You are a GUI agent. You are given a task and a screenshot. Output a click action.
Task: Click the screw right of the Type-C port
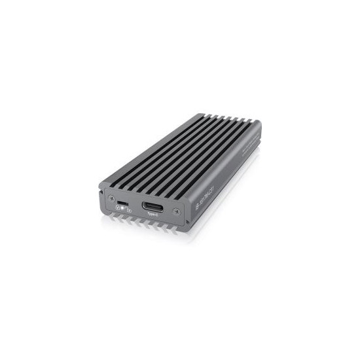[x=175, y=211]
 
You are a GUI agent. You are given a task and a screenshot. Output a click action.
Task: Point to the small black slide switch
[x=122, y=198]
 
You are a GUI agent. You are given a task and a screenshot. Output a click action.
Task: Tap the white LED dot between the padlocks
[x=122, y=209]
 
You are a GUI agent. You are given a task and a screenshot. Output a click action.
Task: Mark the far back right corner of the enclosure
[x=261, y=123]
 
